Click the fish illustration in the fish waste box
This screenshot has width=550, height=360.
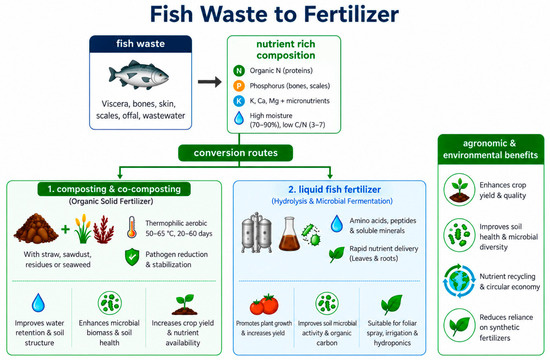click(139, 75)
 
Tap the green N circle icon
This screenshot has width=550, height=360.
click(239, 71)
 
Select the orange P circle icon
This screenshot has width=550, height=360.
click(239, 86)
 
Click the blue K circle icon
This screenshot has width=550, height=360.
click(239, 101)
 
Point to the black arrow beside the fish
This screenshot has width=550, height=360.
click(209, 82)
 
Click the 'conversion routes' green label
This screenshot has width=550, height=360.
click(235, 153)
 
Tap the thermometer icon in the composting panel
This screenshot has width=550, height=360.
click(132, 227)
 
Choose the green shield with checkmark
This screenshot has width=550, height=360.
click(132, 257)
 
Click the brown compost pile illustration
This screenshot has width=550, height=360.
click(36, 228)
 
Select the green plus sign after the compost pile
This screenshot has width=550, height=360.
click(65, 229)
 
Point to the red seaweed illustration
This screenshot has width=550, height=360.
click(104, 229)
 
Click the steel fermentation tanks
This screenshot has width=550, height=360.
click(256, 232)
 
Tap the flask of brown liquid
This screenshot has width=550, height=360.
click(289, 234)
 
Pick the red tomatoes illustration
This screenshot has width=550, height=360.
click(264, 304)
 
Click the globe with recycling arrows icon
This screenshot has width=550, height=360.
click(459, 281)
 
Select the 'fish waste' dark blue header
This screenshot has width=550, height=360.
click(141, 44)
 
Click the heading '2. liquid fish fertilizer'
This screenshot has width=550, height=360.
click(334, 189)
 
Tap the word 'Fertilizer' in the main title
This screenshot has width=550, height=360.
click(351, 14)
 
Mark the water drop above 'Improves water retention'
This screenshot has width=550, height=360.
click(38, 303)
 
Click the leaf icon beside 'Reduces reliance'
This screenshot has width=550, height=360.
click(460, 325)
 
